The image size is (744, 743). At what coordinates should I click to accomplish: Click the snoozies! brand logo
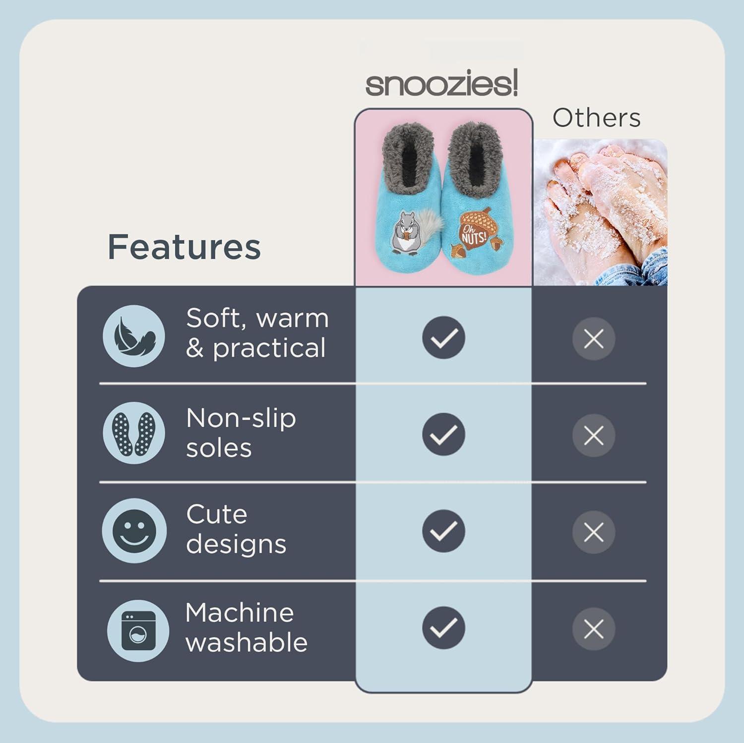[441, 84]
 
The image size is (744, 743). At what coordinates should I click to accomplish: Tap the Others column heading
[596, 118]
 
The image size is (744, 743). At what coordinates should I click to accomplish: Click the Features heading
[184, 247]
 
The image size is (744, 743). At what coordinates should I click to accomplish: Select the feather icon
[134, 336]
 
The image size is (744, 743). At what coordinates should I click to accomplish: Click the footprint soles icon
[134, 433]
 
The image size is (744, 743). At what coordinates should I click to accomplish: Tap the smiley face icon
[134, 531]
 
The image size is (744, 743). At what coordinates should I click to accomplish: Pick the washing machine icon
[138, 630]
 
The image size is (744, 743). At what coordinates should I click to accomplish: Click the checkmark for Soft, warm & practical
[443, 338]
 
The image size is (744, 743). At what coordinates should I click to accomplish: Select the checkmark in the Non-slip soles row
[443, 434]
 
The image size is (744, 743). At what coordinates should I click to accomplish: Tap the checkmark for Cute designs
[443, 531]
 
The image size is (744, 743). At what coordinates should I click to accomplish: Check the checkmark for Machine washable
[443, 628]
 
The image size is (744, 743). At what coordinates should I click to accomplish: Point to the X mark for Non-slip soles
[594, 436]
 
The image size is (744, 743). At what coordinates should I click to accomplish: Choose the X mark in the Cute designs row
[594, 533]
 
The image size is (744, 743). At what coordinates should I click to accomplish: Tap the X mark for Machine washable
[594, 629]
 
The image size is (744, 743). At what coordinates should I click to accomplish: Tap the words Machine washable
[246, 627]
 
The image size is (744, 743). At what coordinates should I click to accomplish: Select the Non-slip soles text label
[241, 433]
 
